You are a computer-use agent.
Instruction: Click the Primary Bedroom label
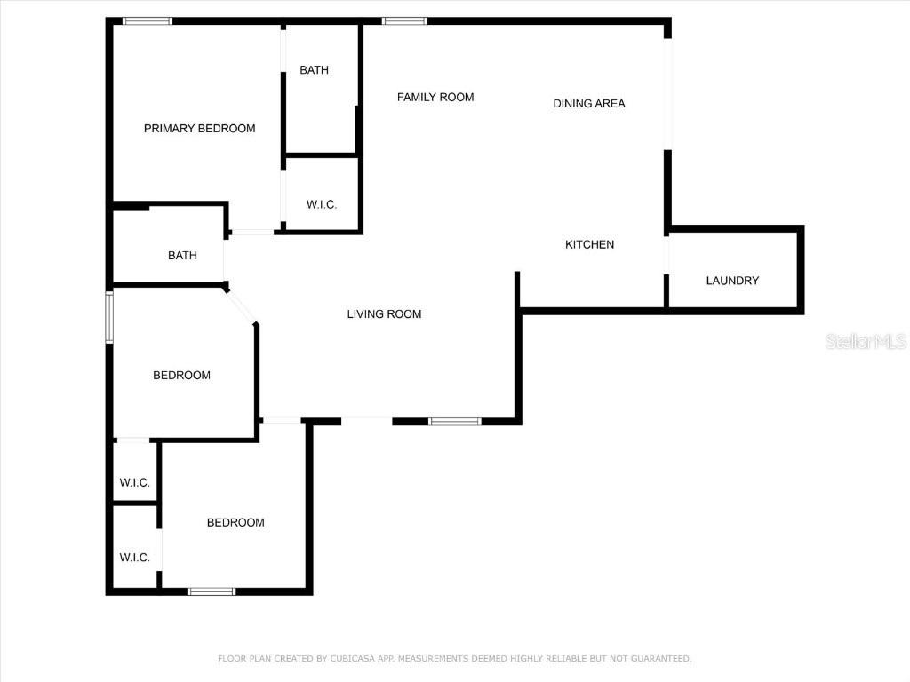click(199, 129)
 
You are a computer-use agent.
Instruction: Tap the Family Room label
click(435, 98)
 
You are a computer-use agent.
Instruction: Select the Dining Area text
click(589, 104)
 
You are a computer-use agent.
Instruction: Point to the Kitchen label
click(590, 245)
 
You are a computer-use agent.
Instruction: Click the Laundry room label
click(732, 281)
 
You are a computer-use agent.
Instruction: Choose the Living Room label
click(384, 314)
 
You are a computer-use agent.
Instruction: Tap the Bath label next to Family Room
click(314, 70)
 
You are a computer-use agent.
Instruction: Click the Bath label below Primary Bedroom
click(182, 256)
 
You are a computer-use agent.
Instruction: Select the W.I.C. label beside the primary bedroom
click(322, 205)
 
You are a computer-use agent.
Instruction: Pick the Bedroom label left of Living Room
click(181, 376)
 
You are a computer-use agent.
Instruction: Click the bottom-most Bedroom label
click(235, 523)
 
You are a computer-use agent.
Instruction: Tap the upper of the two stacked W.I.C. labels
click(135, 483)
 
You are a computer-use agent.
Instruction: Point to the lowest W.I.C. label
click(135, 558)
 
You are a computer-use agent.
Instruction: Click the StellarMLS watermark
click(865, 342)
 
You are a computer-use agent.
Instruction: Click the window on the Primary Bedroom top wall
click(148, 21)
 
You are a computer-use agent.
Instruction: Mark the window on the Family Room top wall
click(404, 21)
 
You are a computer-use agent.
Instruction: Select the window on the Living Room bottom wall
click(455, 422)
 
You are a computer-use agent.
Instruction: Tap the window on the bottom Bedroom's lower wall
click(212, 591)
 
